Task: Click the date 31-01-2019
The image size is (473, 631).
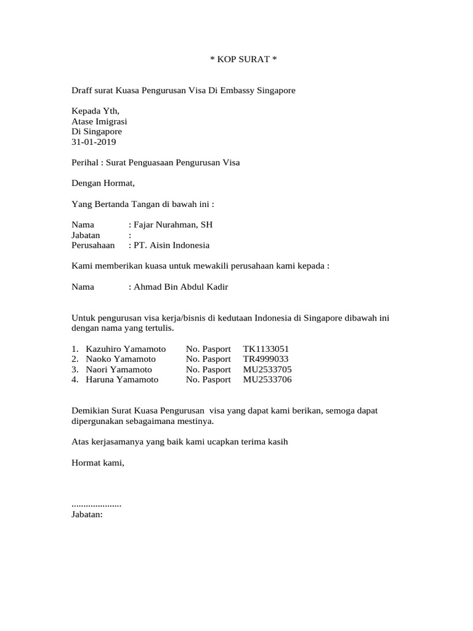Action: coord(94,142)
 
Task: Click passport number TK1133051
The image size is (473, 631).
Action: coord(265,349)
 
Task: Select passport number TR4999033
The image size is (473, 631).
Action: coord(265,359)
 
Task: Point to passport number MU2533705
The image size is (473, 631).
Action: coord(267,369)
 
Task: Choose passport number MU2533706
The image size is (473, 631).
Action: coord(267,380)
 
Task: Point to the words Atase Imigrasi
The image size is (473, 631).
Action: coord(99,121)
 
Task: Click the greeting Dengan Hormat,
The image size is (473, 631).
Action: coord(103,183)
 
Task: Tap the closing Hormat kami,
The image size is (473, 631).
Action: coord(98,462)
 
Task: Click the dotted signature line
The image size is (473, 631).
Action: coord(97,504)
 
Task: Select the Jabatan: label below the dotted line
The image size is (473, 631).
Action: coord(87,514)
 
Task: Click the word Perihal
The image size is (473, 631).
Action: coord(86,163)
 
